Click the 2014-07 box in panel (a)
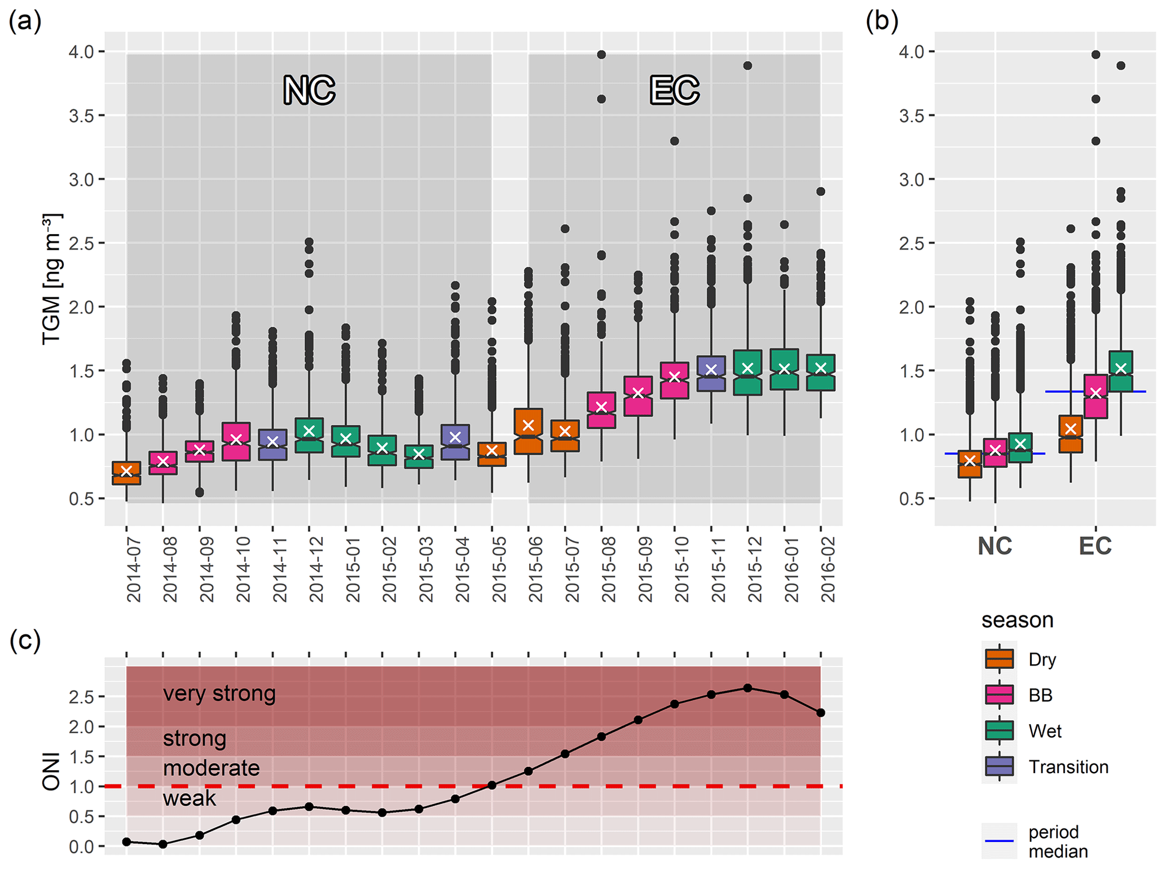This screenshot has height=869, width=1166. pos(126,473)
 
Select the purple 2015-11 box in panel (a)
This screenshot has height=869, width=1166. pos(711,373)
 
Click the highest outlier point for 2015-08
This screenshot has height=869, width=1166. pos(601,55)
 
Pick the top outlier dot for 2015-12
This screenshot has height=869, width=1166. pos(747,65)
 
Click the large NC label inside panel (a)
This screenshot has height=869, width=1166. pos(309,90)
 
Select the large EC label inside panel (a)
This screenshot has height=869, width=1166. pos(674,90)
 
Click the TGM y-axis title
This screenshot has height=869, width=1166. pos(52,279)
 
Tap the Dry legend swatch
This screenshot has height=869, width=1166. pos(999,659)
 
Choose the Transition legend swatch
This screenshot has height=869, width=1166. pos(999,766)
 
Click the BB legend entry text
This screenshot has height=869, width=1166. pos(1040,695)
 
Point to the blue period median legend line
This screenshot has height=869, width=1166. pos(999,841)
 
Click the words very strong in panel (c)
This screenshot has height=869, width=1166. pos(219,693)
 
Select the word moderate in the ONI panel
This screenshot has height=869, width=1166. pos(211,768)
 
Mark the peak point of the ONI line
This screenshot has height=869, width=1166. pos(747,688)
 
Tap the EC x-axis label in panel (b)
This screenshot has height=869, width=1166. pos(1095,546)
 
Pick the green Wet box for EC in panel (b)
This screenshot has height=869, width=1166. pos(1121,371)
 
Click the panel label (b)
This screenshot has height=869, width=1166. pos(882,21)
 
